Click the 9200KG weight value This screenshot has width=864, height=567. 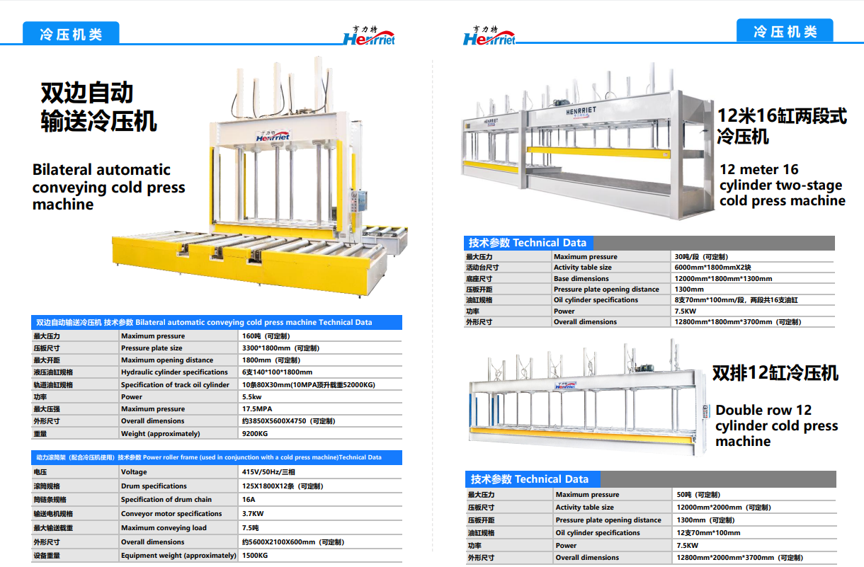coord(254,434)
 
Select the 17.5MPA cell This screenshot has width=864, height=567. coord(257,409)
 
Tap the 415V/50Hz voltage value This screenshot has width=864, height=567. coord(268,472)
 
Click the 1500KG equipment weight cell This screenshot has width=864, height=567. coord(254,556)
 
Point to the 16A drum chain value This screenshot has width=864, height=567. coord(249,500)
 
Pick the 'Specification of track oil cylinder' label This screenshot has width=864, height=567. coord(175,384)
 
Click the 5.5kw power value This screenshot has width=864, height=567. coord(251,397)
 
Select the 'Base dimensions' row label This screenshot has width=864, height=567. coord(581,279)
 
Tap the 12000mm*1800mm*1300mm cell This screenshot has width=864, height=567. coord(723,279)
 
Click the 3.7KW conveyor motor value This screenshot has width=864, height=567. coord(253,514)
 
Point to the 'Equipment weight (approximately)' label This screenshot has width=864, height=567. coord(178,556)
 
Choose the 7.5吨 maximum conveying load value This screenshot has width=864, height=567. coord(250,528)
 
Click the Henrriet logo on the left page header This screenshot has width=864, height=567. coord(369,36)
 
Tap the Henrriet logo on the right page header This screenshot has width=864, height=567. coord(489,36)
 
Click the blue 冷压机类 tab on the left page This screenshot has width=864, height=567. coord(71,33)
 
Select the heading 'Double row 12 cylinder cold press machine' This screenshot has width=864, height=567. coord(776,425)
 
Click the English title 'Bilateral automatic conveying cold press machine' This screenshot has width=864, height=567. coord(108,187)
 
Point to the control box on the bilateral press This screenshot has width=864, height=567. coord(358,200)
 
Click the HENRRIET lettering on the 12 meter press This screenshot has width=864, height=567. coord(581,111)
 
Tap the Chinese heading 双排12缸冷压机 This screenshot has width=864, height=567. coord(775,373)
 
